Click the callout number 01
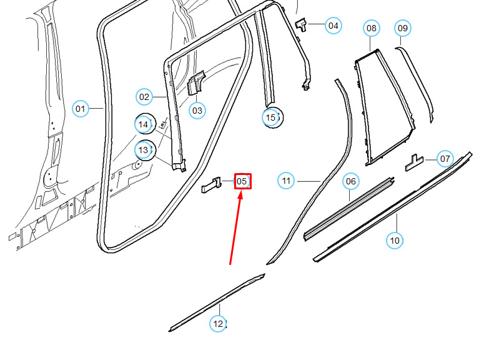tap(81, 109)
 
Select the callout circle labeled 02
tap(144, 97)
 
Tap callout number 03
tap(197, 111)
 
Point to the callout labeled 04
tap(333, 26)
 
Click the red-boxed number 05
tap(243, 181)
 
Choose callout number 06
tap(351, 181)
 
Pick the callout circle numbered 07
tap(445, 159)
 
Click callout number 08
tap(372, 28)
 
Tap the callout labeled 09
tap(403, 28)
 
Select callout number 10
tap(395, 241)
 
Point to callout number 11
tap(286, 181)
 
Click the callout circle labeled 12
tap(218, 324)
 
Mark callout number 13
tap(144, 150)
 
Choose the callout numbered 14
tap(144, 124)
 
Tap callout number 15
tap(272, 117)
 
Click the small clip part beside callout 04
tap(301, 25)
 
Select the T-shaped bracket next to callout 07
tap(415, 163)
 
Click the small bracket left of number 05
tap(211, 185)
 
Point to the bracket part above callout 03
tap(196, 82)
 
